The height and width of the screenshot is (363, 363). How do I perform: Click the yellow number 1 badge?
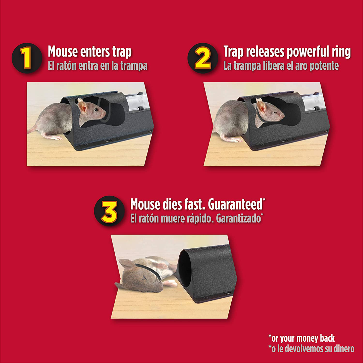pos(27,58)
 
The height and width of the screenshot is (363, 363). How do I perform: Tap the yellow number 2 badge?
pos(203,58)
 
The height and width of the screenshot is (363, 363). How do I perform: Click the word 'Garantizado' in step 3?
pos(238,219)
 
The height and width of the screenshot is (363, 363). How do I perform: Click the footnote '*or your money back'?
pos(301,338)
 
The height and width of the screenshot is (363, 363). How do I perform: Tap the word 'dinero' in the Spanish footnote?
pos(344,349)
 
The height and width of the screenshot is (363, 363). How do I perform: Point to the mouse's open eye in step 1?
pos(96,110)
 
